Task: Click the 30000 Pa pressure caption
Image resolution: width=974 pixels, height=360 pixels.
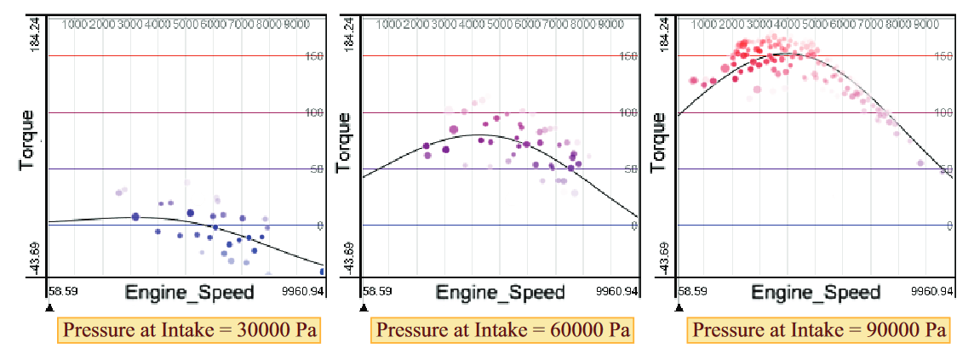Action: [x=190, y=329]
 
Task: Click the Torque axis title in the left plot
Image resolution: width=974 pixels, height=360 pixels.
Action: [x=28, y=140]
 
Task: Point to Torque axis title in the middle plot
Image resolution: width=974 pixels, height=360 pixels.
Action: [x=345, y=140]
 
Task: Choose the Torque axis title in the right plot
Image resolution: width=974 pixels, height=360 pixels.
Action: [x=660, y=140]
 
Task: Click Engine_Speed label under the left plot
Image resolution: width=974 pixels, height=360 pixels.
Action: [x=189, y=293]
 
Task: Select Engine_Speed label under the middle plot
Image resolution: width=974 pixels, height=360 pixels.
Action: [x=501, y=293]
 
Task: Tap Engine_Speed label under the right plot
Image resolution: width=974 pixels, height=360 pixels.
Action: [x=816, y=293]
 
